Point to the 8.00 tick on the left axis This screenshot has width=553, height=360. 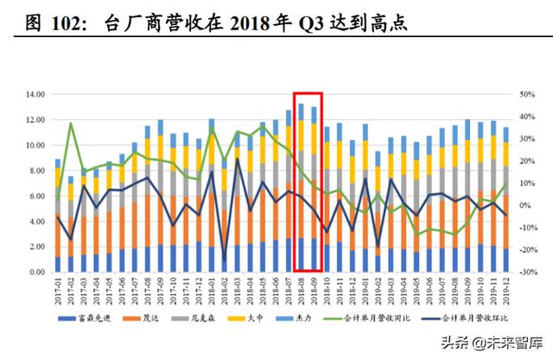click(36, 171)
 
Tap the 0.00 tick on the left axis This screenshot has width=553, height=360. click(36, 272)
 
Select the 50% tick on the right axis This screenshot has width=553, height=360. click(527, 94)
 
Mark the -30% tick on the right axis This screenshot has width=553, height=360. click(527, 272)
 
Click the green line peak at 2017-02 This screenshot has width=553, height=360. click(71, 123)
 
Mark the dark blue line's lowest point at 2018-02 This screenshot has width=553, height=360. click(225, 260)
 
